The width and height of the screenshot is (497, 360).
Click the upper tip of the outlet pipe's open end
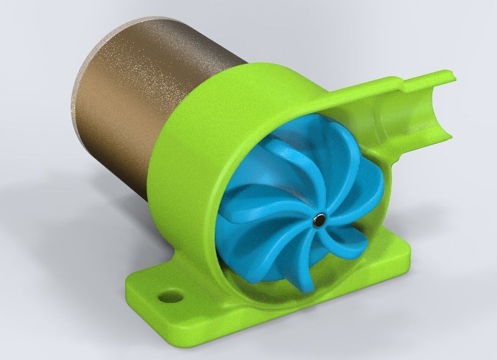point(450,74)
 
